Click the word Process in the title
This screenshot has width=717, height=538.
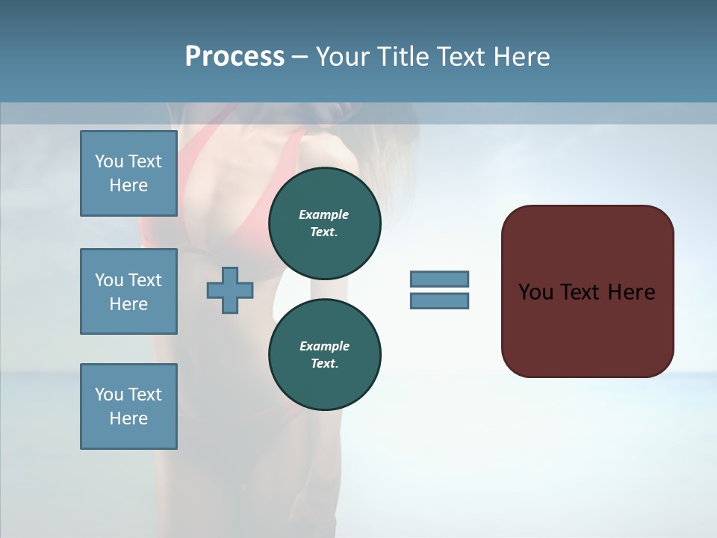[235, 57]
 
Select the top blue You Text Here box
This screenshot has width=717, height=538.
[128, 173]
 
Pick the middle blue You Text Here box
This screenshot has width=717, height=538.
[128, 291]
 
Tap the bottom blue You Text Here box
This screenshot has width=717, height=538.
[128, 406]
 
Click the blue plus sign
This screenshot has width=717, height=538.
[230, 290]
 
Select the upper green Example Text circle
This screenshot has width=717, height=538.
[324, 223]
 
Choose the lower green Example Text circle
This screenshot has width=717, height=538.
[324, 354]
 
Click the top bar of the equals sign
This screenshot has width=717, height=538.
[439, 279]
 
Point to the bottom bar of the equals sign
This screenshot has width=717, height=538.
[439, 300]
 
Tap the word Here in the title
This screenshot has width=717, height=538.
[522, 57]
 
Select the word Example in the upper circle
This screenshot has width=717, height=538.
[324, 214]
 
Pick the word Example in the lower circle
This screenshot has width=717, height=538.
[324, 346]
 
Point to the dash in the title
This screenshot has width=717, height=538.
[300, 57]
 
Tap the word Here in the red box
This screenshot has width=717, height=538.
[631, 292]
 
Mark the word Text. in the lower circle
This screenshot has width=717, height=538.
[324, 364]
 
